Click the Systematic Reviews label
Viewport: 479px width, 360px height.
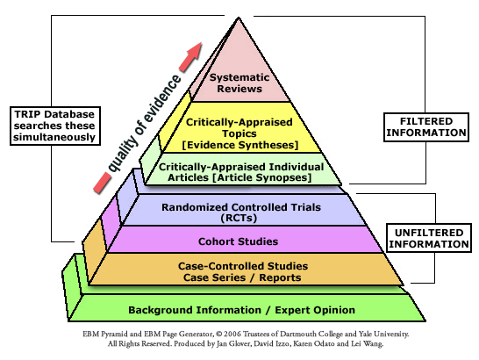[239, 80]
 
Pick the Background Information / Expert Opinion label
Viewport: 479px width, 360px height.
[241, 309]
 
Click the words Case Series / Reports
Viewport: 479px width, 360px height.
[240, 277]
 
